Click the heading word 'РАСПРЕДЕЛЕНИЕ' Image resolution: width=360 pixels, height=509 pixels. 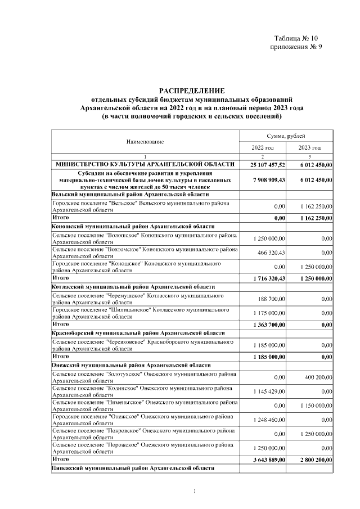tap(192, 90)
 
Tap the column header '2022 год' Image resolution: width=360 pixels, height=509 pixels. tap(263, 147)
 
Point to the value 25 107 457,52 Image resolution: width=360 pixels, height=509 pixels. tap(264, 164)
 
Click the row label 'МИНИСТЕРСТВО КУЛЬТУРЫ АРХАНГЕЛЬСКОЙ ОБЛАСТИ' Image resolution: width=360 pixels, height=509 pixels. tap(145, 164)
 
